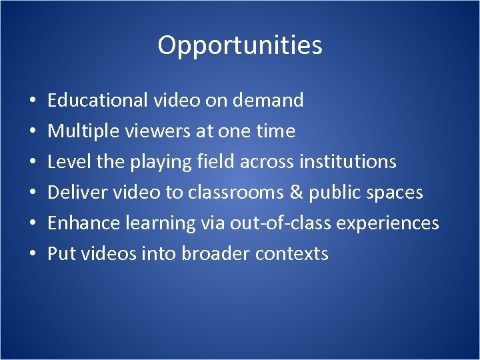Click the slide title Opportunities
click(x=240, y=45)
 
